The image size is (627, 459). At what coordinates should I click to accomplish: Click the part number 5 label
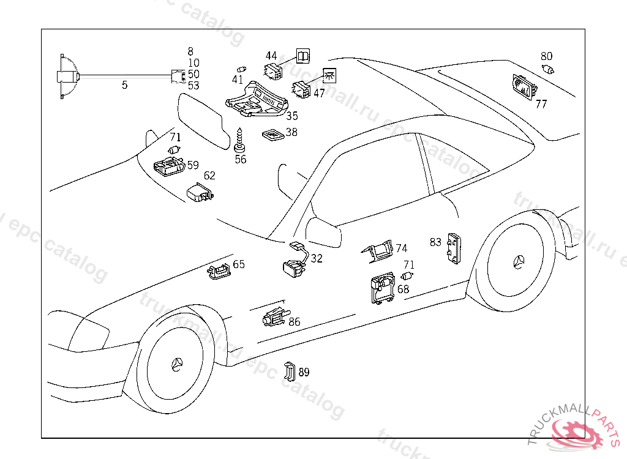click(x=124, y=85)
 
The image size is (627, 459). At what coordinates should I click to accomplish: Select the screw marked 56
click(x=240, y=141)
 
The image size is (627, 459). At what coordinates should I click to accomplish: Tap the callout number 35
click(x=292, y=115)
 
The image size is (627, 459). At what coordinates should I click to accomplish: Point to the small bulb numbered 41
click(x=241, y=69)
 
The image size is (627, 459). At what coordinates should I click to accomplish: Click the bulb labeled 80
click(x=547, y=69)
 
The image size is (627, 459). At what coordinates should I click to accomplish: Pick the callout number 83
click(x=435, y=242)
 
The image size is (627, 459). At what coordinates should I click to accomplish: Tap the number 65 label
click(x=239, y=264)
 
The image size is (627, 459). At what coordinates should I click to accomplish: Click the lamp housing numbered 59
click(x=168, y=166)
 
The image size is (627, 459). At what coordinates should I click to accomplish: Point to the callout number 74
click(x=401, y=248)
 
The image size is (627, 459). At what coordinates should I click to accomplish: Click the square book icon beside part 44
click(x=303, y=56)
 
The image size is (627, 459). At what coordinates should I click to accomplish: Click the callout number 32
click(x=317, y=258)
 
